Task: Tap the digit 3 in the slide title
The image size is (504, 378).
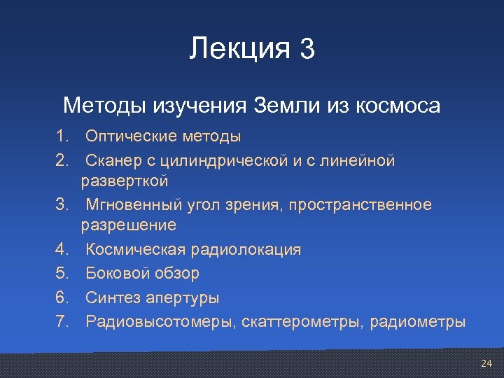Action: pyautogui.click(x=307, y=49)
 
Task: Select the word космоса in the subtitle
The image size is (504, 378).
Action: pyautogui.click(x=398, y=106)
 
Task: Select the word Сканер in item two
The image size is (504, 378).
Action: pyautogui.click(x=113, y=162)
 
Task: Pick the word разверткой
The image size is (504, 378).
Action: pyautogui.click(x=125, y=182)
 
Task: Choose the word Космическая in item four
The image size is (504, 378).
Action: pyautogui.click(x=134, y=250)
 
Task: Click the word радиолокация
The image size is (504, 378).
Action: pyautogui.click(x=244, y=250)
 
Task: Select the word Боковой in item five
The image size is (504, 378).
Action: pyautogui.click(x=114, y=274)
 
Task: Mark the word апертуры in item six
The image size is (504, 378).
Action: pyautogui.click(x=183, y=298)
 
